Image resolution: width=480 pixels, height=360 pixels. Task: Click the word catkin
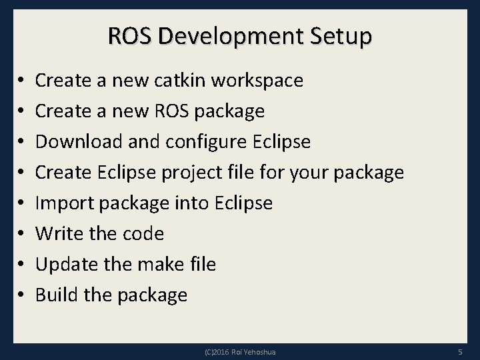pos(181,81)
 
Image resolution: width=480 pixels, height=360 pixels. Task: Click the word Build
pos(55,295)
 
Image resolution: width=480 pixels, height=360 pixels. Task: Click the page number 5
pos(460,351)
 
